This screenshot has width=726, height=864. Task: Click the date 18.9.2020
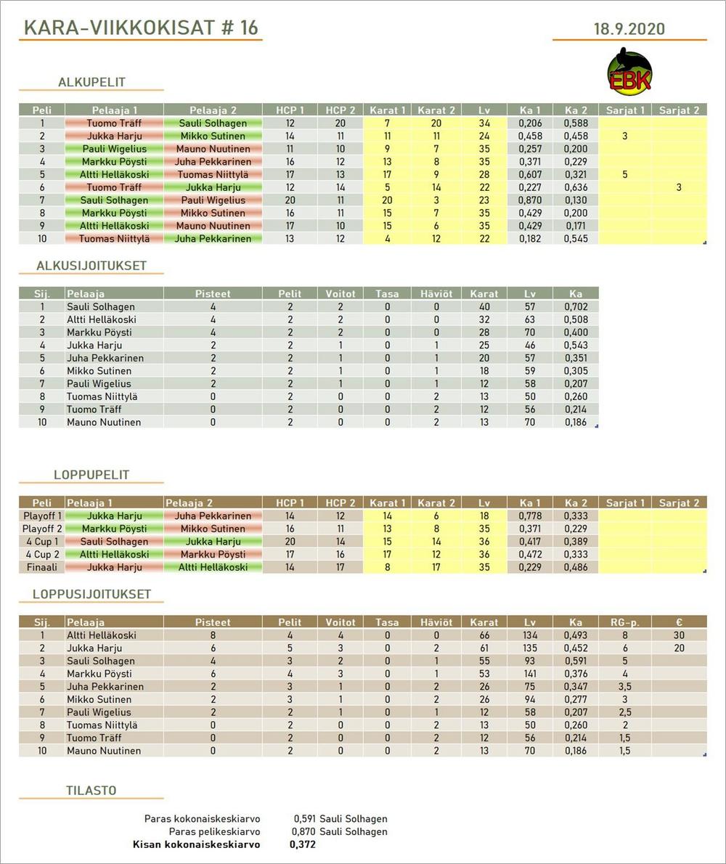click(629, 30)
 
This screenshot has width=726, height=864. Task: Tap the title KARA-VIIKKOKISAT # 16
click(141, 28)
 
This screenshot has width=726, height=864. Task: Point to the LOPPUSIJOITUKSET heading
click(91, 594)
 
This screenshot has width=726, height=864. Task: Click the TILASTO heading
click(91, 791)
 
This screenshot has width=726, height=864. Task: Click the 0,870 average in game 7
click(530, 200)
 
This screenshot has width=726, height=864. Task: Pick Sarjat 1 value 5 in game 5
click(625, 174)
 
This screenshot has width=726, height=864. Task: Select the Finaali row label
click(42, 567)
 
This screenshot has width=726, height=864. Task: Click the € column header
click(679, 622)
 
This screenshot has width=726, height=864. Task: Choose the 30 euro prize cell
click(679, 635)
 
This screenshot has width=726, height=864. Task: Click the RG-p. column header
click(625, 622)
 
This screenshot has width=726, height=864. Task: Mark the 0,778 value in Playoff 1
click(530, 515)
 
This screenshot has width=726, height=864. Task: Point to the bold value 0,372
click(302, 844)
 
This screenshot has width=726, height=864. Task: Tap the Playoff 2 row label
click(42, 529)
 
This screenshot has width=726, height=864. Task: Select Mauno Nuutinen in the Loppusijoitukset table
click(104, 751)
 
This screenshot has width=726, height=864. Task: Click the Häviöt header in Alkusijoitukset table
click(436, 294)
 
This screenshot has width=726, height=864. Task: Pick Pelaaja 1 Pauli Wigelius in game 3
click(114, 149)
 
